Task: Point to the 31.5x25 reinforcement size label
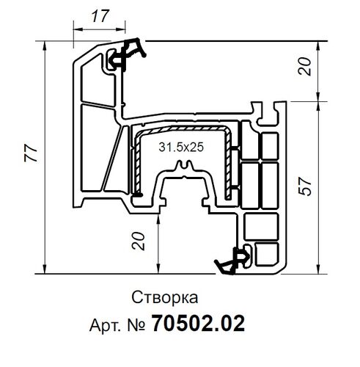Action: click(x=181, y=148)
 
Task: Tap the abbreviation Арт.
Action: click(x=103, y=322)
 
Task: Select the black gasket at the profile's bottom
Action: click(x=233, y=258)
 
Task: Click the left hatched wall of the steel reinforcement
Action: click(x=135, y=165)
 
